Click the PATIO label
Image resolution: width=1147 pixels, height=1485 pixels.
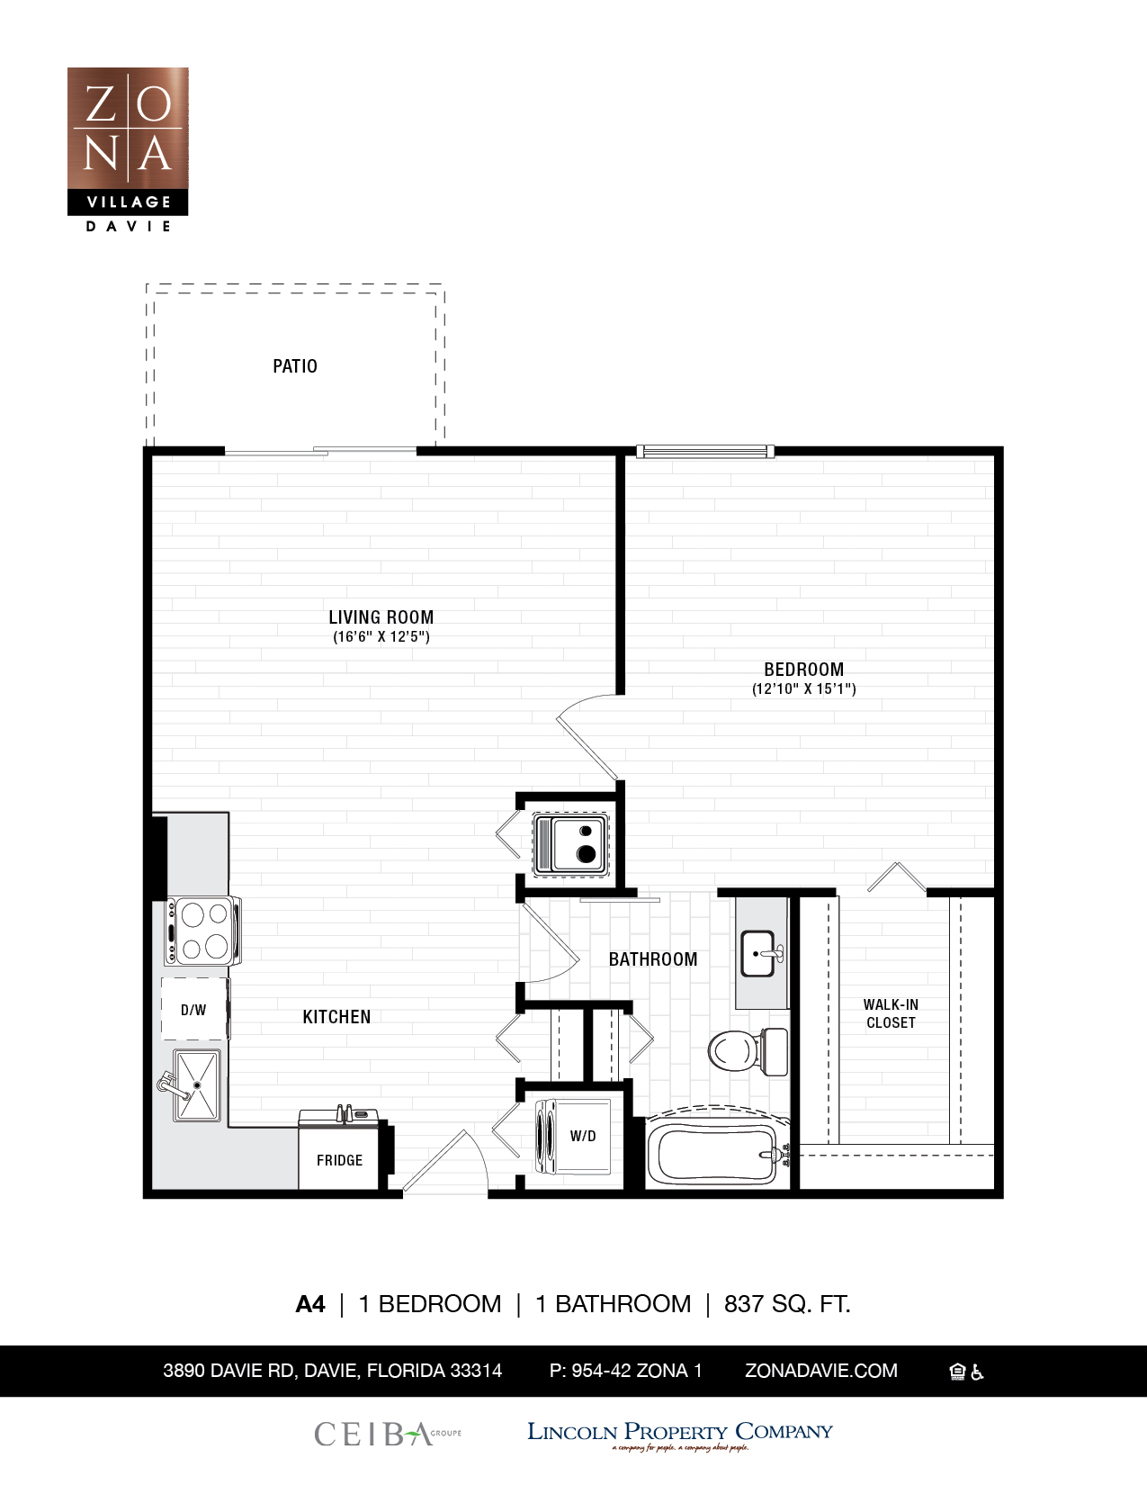[295, 366]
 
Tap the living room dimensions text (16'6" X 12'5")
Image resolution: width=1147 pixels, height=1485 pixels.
[381, 637]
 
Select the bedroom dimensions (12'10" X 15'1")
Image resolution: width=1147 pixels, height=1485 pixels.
[804, 689]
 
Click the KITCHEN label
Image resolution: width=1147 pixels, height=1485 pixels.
[336, 1017]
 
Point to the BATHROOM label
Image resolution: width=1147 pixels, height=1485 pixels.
[653, 959]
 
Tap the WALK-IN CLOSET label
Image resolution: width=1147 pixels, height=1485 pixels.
[891, 1013]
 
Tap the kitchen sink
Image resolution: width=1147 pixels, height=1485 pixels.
[197, 1085]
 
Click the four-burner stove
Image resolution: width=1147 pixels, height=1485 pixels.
[203, 931]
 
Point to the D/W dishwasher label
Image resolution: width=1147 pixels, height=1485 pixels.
[193, 1010]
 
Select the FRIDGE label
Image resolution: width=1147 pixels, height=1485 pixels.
[339, 1160]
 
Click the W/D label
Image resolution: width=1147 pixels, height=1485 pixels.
[583, 1136]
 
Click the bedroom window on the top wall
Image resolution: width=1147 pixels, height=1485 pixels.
[705, 451]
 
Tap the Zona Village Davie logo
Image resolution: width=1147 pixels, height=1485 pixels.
[128, 148]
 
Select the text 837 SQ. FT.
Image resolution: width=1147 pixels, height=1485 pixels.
[787, 1303]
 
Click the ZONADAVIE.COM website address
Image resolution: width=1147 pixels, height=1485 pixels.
[820, 1371]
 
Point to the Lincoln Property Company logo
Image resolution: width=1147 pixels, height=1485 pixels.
[679, 1434]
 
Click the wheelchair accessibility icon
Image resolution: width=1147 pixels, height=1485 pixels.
[978, 1372]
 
